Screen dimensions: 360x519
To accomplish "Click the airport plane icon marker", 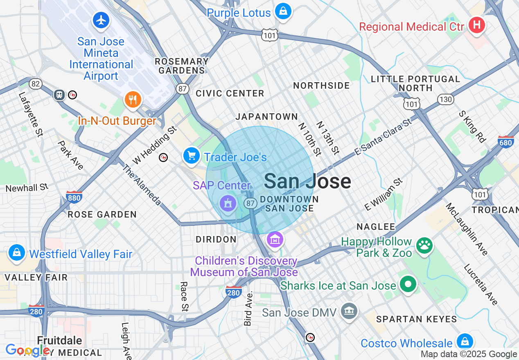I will tap(101, 20).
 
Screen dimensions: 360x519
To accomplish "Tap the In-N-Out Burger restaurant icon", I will tap(132, 99).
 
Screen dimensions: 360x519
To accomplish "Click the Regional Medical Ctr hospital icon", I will tap(476, 25).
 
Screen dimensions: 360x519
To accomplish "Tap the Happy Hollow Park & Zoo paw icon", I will tap(424, 245).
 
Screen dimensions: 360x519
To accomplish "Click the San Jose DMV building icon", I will tap(349, 312).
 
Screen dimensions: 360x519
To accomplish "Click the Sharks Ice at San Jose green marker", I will tap(408, 283).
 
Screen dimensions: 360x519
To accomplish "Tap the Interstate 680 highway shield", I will tap(506, 142).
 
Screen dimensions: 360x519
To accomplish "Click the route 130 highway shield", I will tap(445, 99).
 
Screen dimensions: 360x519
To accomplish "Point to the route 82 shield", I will tap(36, 84).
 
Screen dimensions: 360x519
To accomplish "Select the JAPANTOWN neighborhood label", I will tap(266, 117).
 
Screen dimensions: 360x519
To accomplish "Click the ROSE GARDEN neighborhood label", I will tap(102, 214).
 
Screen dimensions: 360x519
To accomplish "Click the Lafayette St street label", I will tap(31, 114).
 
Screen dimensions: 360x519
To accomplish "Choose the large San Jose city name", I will tap(307, 181).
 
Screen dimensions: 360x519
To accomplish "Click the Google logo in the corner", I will tap(27, 350).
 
